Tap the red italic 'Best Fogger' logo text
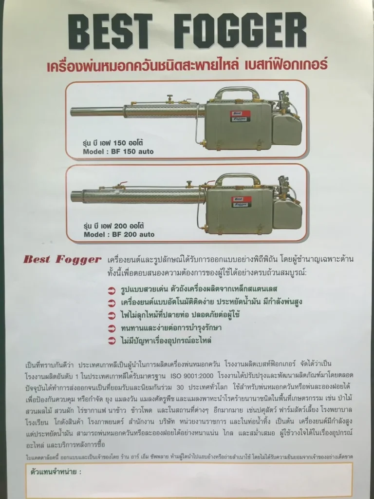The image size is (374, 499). tap(62, 260)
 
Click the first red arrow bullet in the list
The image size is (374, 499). tap(112, 291)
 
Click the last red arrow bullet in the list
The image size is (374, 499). tap(112, 340)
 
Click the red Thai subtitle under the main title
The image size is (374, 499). tap(187, 64)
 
